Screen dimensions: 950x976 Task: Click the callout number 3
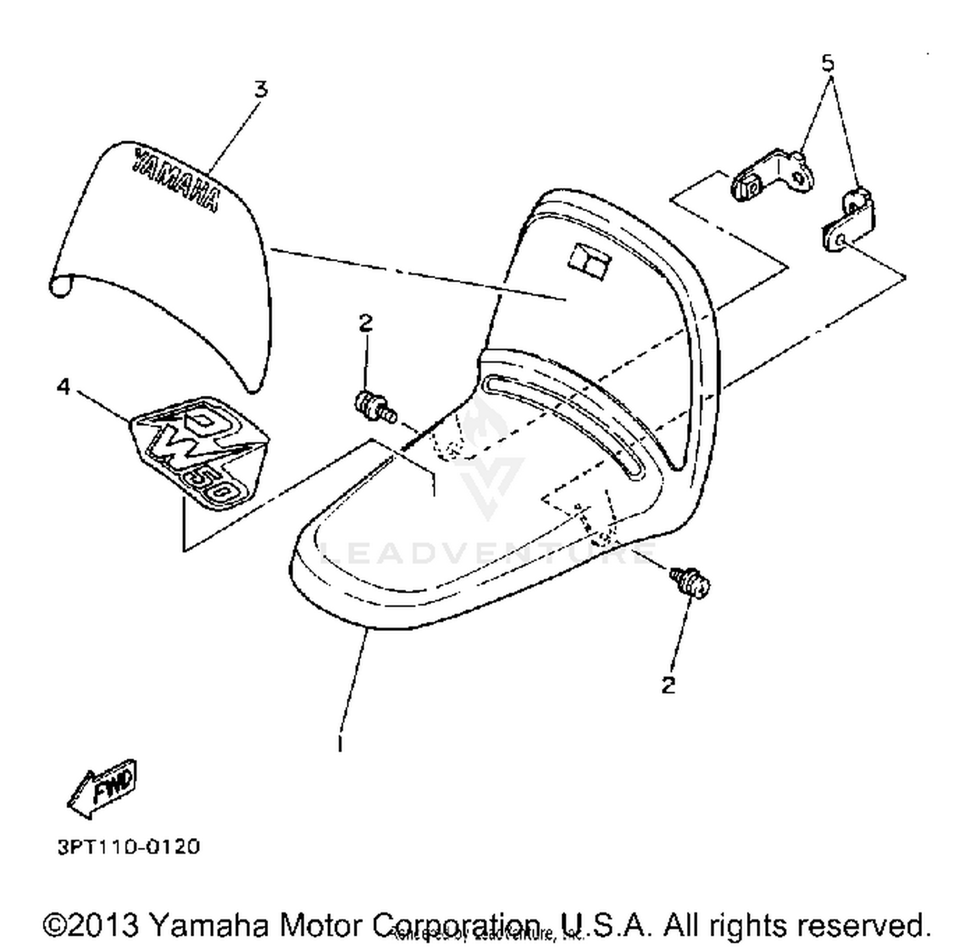coord(260,89)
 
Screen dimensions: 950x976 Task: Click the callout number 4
coord(63,387)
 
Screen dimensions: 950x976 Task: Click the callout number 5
coord(827,63)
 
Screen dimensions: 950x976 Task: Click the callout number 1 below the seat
coord(340,743)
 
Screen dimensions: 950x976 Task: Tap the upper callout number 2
coord(366,322)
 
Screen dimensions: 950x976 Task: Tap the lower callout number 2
coord(668,685)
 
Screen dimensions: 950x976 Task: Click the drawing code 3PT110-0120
coord(129,847)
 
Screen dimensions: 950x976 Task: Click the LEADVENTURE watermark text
coord(488,554)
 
